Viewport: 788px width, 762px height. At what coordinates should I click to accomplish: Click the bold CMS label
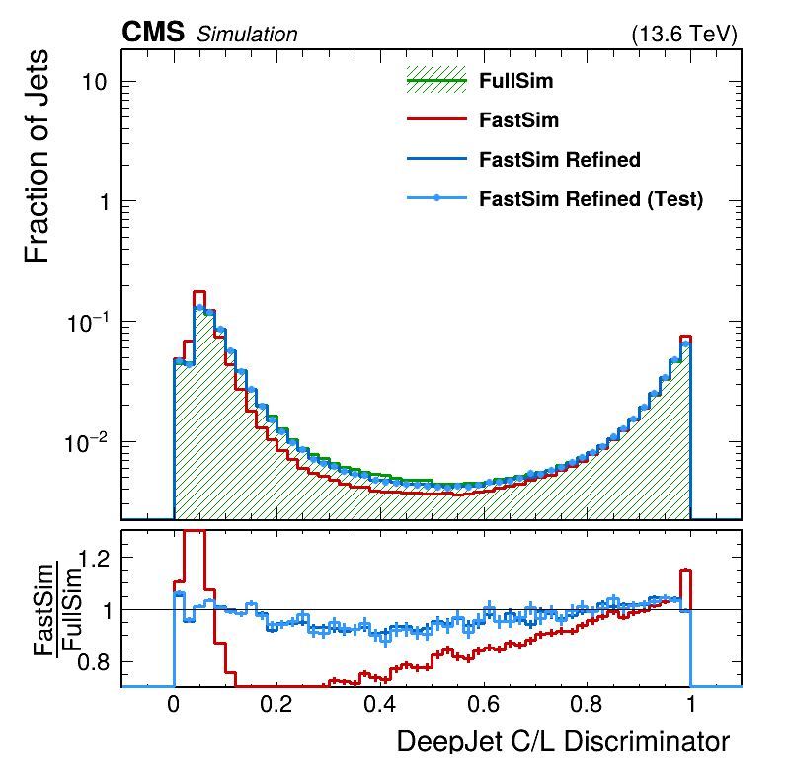pyautogui.click(x=153, y=33)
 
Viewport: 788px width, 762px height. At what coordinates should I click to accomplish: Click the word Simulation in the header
pyautogui.click(x=247, y=35)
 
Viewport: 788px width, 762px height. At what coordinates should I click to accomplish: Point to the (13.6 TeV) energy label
pyautogui.click(x=683, y=35)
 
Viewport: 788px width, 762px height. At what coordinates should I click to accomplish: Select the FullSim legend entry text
pyautogui.click(x=515, y=81)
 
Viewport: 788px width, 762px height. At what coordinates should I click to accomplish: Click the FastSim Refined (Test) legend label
pyautogui.click(x=591, y=199)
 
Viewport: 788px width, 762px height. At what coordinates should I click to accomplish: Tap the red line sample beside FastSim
pyautogui.click(x=435, y=120)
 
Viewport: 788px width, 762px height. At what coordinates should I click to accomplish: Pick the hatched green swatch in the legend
pyautogui.click(x=435, y=82)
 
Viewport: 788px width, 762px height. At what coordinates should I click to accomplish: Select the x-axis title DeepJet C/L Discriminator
pyautogui.click(x=563, y=742)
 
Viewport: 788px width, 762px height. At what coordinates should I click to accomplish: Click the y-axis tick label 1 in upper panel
pyautogui.click(x=102, y=202)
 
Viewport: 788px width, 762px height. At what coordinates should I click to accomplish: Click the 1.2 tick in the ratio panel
pyautogui.click(x=93, y=559)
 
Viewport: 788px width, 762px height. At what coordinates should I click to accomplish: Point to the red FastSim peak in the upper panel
pyautogui.click(x=198, y=292)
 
